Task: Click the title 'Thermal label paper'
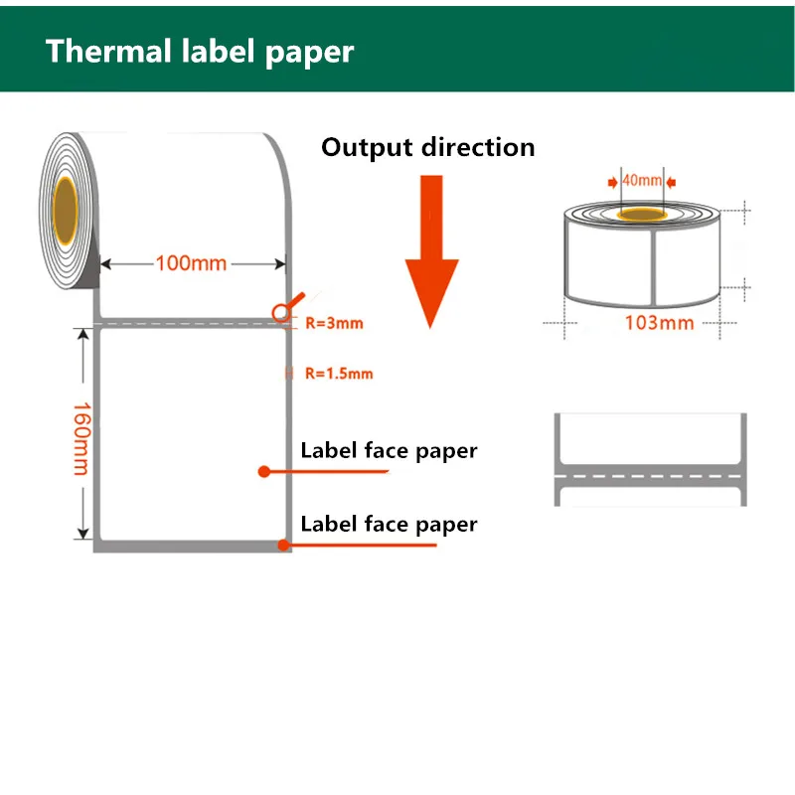point(199,51)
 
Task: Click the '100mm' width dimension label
point(191,264)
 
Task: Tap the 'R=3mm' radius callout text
point(334,323)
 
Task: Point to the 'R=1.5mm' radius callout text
point(338,374)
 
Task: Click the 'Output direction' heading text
point(427,148)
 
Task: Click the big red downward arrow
point(430,248)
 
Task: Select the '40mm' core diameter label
point(641,181)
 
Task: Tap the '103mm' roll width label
point(659,323)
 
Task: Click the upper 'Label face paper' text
point(389,451)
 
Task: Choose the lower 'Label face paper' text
point(389,524)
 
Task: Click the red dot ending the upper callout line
point(263,471)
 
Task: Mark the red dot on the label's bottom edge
point(283,545)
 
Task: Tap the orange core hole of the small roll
point(644,214)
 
